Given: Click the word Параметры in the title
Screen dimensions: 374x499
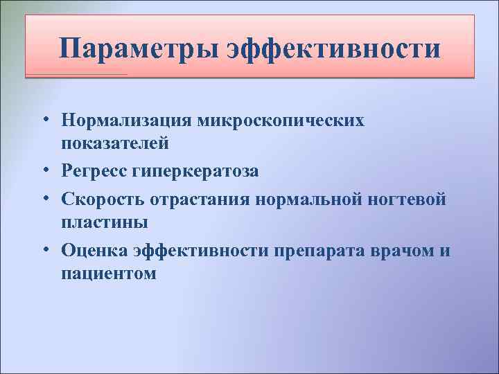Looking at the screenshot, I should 141,48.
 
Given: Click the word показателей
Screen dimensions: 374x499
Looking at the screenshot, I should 114,144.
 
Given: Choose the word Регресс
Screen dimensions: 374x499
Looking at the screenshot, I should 95,170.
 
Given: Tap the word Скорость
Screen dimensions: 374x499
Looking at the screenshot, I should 102,199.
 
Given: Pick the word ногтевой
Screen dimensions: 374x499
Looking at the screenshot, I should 408,199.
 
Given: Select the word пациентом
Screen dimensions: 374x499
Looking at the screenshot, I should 108,274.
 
